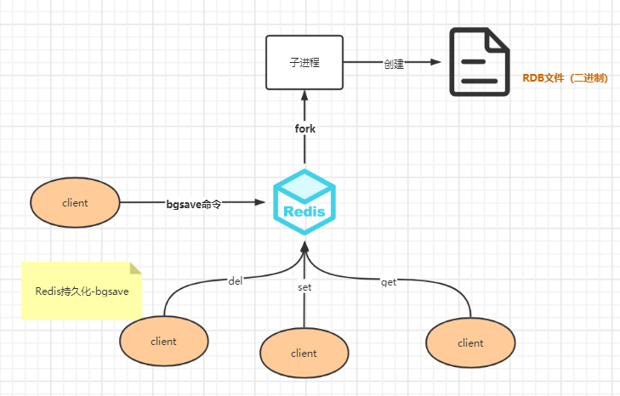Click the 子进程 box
(x=304, y=62)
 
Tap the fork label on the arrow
(x=304, y=128)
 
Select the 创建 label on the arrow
(x=394, y=64)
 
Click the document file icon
(x=479, y=62)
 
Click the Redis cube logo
(x=304, y=202)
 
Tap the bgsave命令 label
(x=193, y=204)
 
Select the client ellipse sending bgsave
(x=75, y=202)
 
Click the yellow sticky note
(x=82, y=291)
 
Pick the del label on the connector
(x=236, y=281)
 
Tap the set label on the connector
(x=304, y=287)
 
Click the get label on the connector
(x=389, y=282)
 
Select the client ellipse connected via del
(x=163, y=341)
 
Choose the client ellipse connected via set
(x=304, y=353)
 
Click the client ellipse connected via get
(x=470, y=342)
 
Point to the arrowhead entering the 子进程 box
(x=304, y=95)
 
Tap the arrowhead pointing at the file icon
(x=435, y=62)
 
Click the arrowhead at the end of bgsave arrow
(x=259, y=202)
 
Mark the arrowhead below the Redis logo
(x=304, y=247)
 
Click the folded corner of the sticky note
(x=135, y=268)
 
